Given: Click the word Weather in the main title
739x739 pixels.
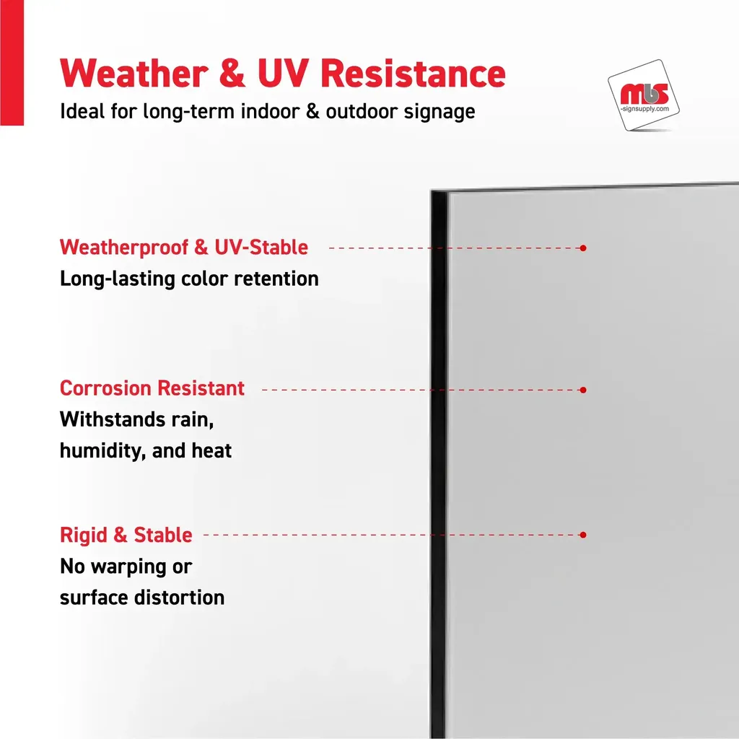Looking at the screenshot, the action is [134, 74].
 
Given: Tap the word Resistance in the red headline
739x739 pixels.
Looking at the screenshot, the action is [414, 74].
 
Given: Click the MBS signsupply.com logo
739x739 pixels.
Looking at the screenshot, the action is [644, 96].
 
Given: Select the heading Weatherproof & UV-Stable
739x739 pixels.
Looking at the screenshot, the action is [184, 248].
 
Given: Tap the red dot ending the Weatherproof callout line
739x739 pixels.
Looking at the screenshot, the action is [583, 248].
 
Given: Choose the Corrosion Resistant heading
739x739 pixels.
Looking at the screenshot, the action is [152, 388].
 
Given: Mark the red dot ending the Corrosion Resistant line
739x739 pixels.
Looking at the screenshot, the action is [583, 390].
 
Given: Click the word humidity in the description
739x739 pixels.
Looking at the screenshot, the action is [102, 451].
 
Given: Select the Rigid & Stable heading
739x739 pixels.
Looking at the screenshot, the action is [126, 535].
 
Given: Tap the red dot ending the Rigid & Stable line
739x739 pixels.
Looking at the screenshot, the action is [583, 535].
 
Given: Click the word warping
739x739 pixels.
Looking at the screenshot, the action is [128, 567].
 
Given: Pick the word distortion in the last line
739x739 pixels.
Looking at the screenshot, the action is [179, 598].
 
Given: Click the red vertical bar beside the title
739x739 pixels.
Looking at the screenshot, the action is [12, 63].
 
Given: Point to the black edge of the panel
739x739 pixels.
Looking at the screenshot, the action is [438, 464].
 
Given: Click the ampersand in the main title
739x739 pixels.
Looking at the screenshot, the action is [232, 74].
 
